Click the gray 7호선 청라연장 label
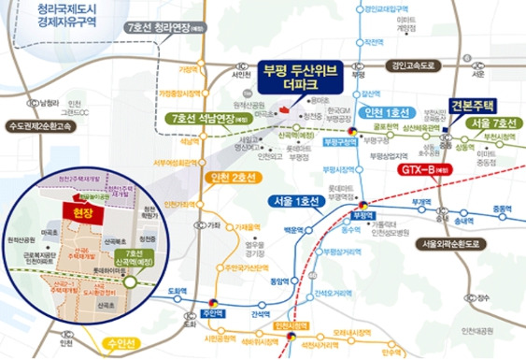(x=163, y=28)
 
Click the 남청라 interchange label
(x=46, y=101)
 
